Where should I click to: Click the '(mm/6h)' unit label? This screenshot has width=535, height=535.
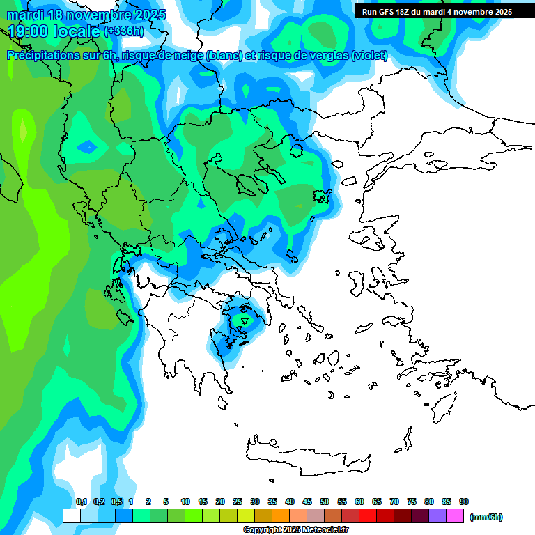click(486, 517)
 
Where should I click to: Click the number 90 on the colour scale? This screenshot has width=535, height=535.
click(464, 502)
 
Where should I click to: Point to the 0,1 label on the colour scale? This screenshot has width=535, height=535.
click(82, 502)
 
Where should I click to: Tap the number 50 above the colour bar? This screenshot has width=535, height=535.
click(325, 502)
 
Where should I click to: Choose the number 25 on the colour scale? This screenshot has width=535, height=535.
click(238, 502)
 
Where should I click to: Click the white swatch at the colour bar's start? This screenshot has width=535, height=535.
click(71, 515)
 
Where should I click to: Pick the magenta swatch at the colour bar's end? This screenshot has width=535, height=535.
click(455, 515)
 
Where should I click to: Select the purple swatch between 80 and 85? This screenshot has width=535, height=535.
click(437, 515)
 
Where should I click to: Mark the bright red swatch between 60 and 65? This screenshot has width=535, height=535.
click(368, 515)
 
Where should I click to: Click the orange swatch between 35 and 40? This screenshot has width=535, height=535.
click(281, 515)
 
